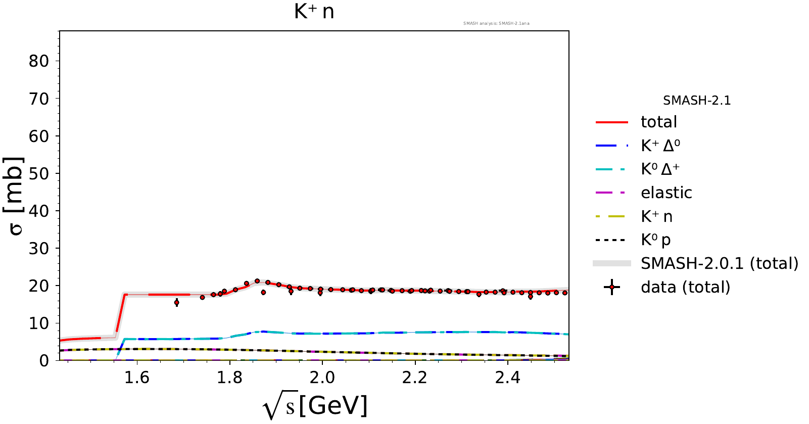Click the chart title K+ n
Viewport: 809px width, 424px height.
tap(314, 11)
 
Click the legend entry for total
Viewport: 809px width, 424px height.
tap(658, 122)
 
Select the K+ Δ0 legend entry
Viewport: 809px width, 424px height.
tap(660, 146)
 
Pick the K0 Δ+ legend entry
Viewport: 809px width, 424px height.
tap(660, 169)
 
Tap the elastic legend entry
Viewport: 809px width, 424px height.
tap(666, 193)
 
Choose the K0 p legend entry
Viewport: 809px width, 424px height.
tap(655, 240)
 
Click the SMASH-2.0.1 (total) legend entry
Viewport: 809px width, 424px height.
tap(719, 263)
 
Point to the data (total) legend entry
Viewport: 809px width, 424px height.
tap(685, 287)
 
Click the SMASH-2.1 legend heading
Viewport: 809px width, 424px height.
tap(697, 101)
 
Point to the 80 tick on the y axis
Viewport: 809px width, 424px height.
tap(39, 61)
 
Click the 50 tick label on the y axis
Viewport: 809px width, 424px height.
tap(39, 173)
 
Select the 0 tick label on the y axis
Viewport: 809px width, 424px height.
tap(44, 360)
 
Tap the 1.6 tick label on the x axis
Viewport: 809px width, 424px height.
tap(137, 378)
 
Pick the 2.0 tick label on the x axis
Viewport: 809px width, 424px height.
tap(322, 378)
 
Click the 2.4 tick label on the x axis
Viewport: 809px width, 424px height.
tap(507, 378)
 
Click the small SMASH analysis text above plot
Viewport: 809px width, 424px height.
tap(496, 23)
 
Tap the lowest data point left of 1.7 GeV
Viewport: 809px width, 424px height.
tap(176, 303)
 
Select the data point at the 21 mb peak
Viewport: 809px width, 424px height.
tap(257, 281)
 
